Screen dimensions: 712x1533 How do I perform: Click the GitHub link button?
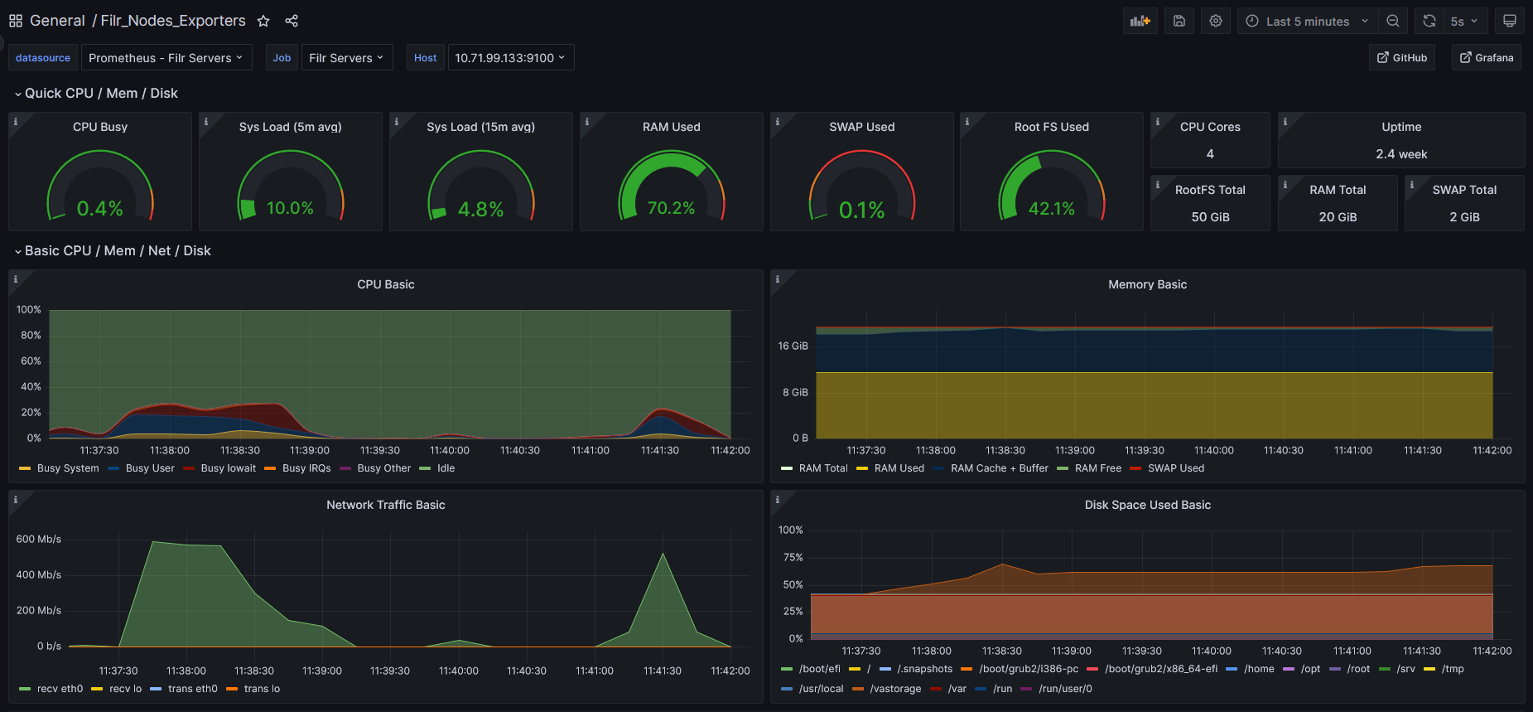pyautogui.click(x=1401, y=57)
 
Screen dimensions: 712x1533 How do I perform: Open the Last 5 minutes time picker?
pyautogui.click(x=1307, y=22)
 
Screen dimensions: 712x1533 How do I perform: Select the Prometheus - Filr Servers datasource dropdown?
pyautogui.click(x=166, y=58)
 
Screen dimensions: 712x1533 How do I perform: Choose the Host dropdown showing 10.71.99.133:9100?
pyautogui.click(x=510, y=58)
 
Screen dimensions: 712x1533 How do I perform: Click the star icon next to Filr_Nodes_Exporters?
pyautogui.click(x=263, y=21)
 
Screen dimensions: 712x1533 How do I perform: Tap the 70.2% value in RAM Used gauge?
pyautogui.click(x=671, y=208)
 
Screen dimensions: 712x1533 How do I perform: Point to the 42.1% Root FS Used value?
pyautogui.click(x=1051, y=209)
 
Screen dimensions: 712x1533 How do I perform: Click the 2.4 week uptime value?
pyautogui.click(x=1400, y=154)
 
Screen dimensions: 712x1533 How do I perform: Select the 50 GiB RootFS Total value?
pyautogui.click(x=1210, y=217)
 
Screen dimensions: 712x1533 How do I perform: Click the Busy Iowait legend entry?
pyautogui.click(x=228, y=468)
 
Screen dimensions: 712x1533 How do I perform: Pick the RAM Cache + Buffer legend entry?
pyautogui.click(x=999, y=468)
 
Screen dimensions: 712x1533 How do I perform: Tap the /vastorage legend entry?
pyautogui.click(x=894, y=689)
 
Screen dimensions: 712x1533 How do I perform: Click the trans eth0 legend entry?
pyautogui.click(x=192, y=689)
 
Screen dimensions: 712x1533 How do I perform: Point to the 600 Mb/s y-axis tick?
pyautogui.click(x=38, y=539)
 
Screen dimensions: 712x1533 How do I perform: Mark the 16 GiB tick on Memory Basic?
pyautogui.click(x=793, y=346)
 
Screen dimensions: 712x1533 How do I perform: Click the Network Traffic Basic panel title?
pyautogui.click(x=385, y=505)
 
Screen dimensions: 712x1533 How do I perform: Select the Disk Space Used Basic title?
pyautogui.click(x=1147, y=505)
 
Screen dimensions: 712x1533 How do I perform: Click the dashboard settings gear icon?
pyautogui.click(x=1215, y=22)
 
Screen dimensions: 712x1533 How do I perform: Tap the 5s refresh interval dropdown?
pyautogui.click(x=1463, y=22)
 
